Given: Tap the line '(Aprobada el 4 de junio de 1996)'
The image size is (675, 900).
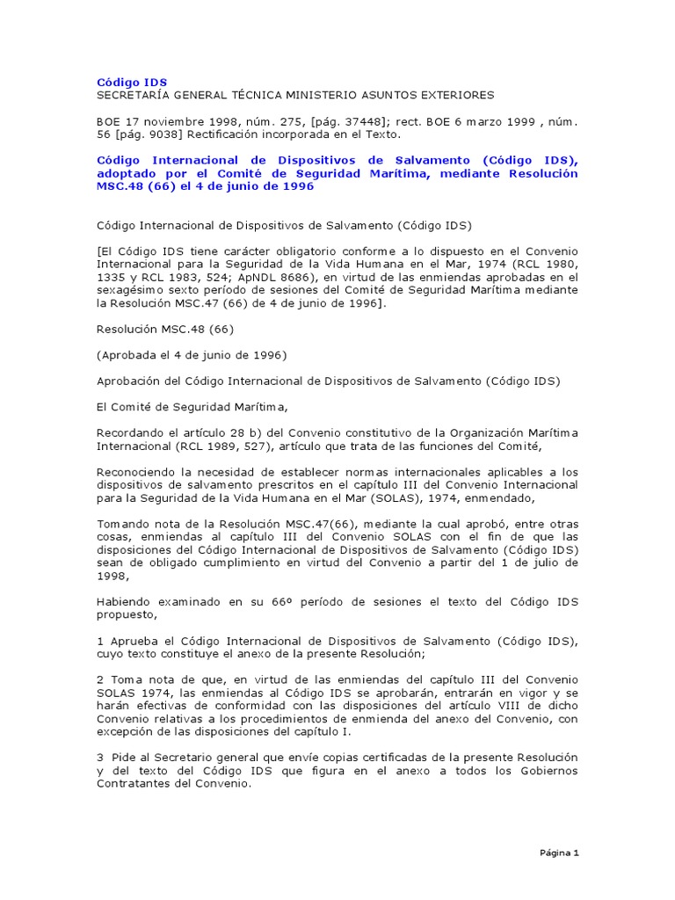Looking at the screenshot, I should tap(192, 355).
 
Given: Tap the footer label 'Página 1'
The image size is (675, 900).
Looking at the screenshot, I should tap(558, 853).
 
